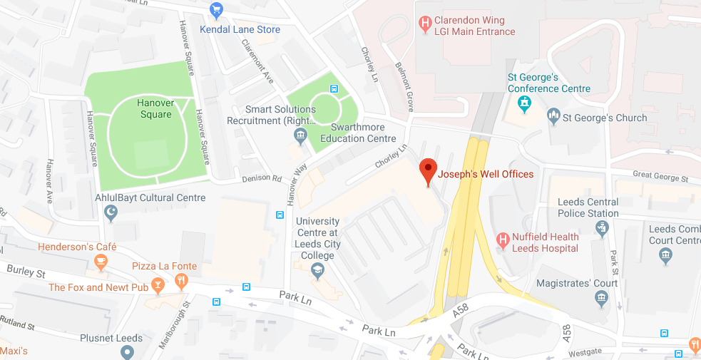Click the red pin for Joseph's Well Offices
(x=427, y=170)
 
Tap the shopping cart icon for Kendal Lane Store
(x=218, y=10)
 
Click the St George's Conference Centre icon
(x=525, y=104)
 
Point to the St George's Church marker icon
(x=553, y=117)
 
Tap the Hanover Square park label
(x=155, y=108)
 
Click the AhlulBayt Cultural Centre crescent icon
(x=111, y=212)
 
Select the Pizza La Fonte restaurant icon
(x=181, y=281)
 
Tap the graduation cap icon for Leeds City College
(x=317, y=271)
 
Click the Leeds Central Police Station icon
(x=603, y=228)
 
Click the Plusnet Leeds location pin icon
(x=128, y=351)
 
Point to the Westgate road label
(x=585, y=351)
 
